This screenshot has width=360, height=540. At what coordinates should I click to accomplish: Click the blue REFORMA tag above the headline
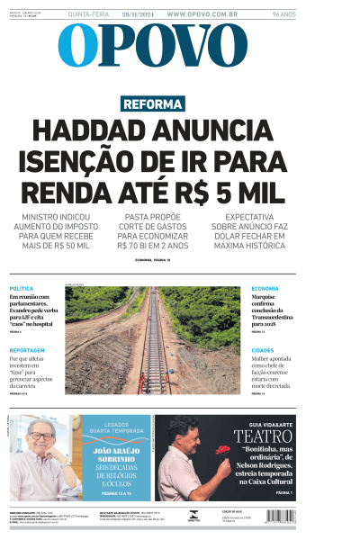(153, 104)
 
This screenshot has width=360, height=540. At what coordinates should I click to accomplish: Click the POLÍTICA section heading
(22, 288)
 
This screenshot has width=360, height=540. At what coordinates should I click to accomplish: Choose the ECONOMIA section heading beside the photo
(265, 288)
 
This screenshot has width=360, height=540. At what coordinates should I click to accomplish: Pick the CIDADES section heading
(263, 350)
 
